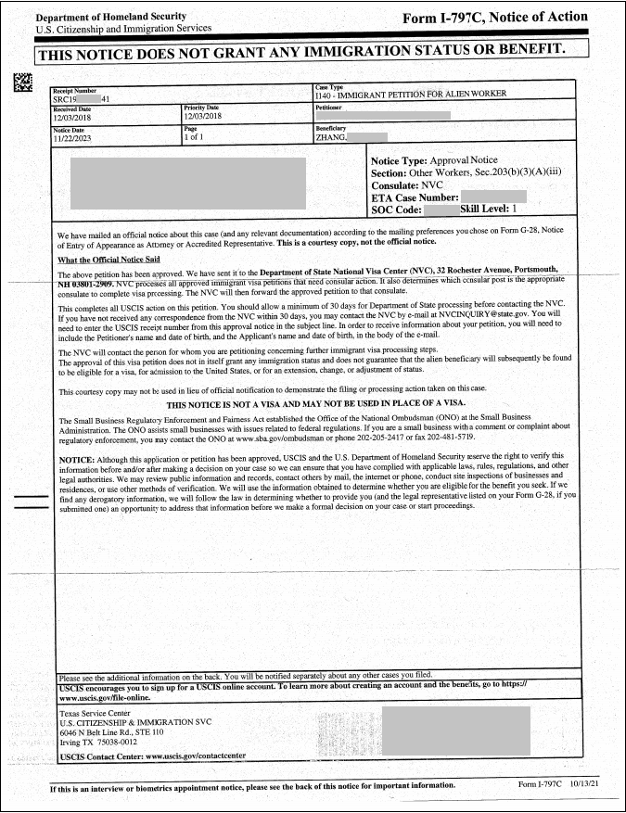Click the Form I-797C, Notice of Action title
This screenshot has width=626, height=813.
(x=495, y=17)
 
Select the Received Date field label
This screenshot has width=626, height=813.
(x=71, y=108)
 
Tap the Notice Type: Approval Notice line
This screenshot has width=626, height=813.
(x=433, y=160)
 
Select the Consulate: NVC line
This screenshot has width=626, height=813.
(x=406, y=185)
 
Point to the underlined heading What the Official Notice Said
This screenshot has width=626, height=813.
(x=109, y=260)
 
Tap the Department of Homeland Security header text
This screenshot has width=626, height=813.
(x=110, y=17)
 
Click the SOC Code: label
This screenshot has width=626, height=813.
(x=397, y=210)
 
